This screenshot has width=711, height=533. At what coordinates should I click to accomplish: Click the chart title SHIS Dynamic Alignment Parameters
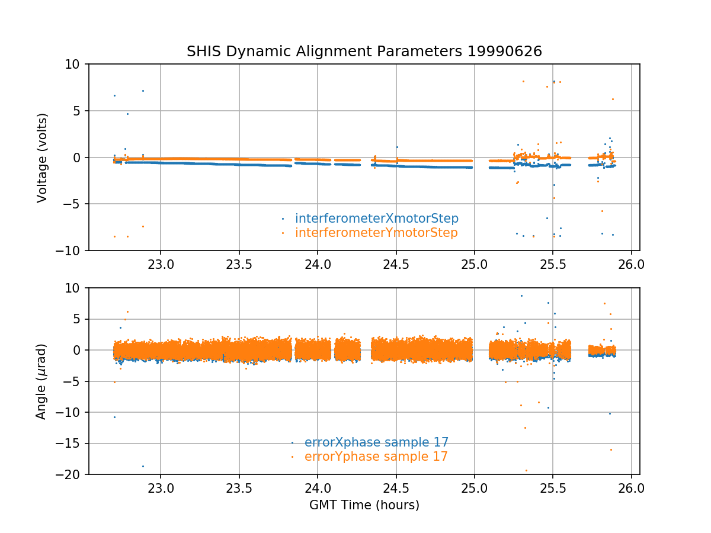click(x=326, y=52)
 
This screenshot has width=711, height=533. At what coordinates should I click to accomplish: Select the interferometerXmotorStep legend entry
click(x=376, y=219)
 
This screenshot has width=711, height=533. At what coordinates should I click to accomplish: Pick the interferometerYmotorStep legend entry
click(x=376, y=233)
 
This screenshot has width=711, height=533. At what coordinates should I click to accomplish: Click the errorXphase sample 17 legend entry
click(x=376, y=442)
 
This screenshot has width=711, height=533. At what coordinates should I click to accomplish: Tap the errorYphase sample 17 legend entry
click(x=376, y=457)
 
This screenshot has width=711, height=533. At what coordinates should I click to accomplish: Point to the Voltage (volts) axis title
click(x=41, y=158)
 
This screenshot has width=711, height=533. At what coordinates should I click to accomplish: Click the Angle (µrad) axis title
click(x=41, y=381)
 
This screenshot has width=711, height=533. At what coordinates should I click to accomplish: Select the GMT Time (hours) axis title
click(x=364, y=505)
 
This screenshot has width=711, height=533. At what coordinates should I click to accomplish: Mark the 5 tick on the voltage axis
click(x=80, y=111)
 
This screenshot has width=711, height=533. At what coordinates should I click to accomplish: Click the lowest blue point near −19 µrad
click(x=143, y=466)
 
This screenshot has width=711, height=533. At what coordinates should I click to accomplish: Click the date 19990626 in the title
click(x=505, y=52)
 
